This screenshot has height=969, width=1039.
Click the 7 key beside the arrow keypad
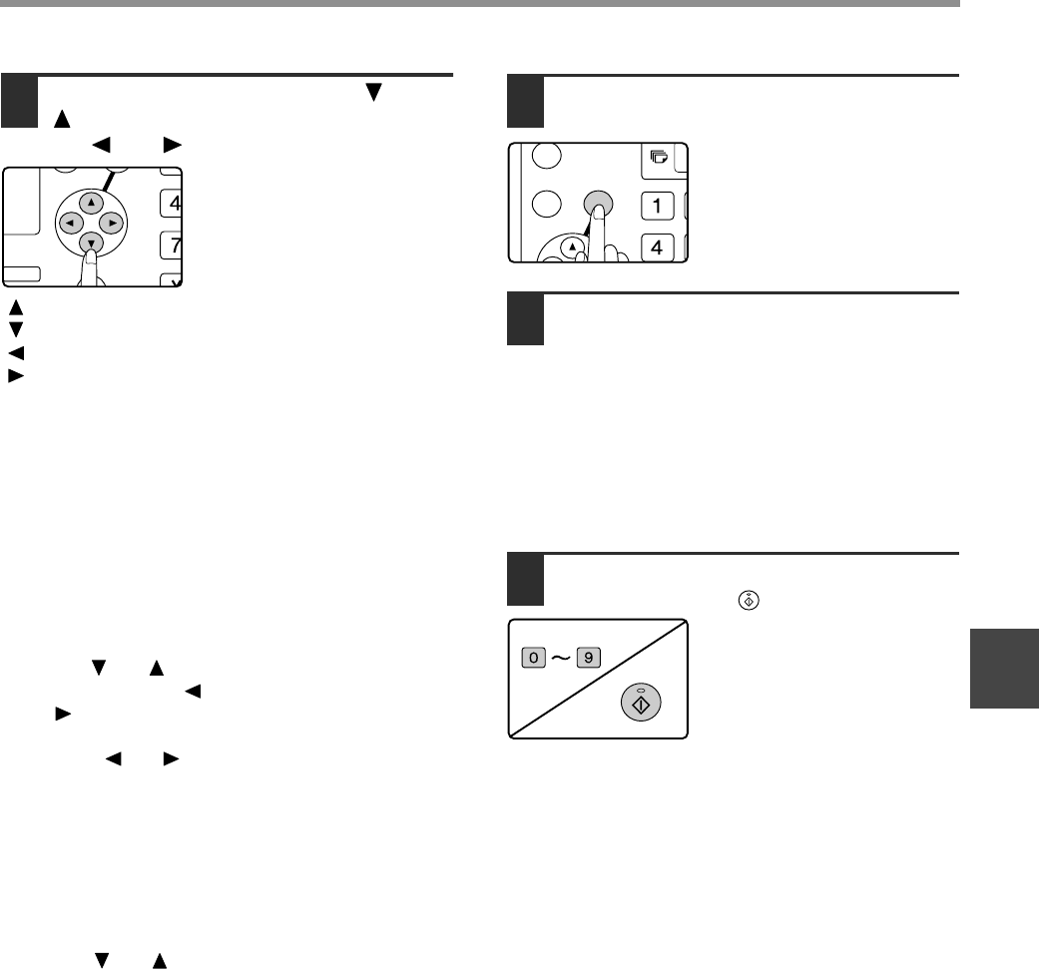[174, 244]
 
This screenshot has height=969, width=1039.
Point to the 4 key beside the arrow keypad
[174, 205]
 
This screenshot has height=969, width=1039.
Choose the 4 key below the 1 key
[657, 246]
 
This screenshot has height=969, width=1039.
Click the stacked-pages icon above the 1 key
[658, 157]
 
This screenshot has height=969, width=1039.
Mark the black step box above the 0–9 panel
[526, 580]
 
